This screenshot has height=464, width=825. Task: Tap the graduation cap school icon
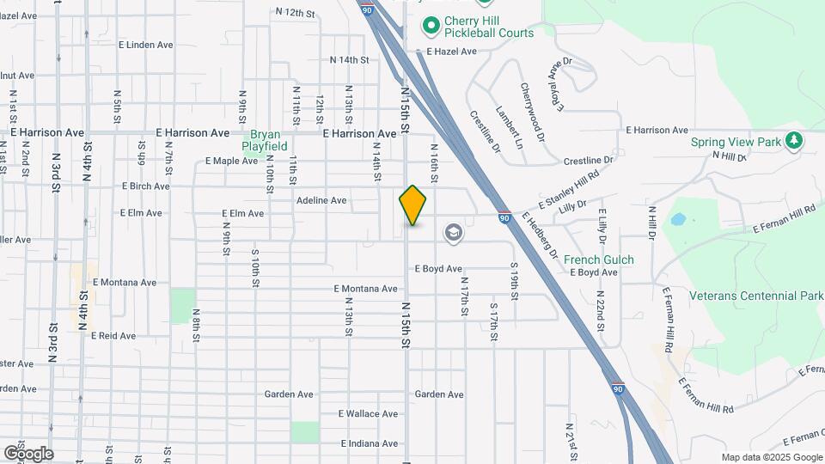click(x=453, y=233)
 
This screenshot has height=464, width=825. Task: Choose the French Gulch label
click(x=599, y=259)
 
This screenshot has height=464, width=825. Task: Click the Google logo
click(x=28, y=453)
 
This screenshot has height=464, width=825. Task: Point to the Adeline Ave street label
click(x=321, y=200)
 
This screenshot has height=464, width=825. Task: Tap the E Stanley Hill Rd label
click(x=568, y=192)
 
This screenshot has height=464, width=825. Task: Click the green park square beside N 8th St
click(x=182, y=306)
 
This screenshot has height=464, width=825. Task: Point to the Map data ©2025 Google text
click(x=772, y=457)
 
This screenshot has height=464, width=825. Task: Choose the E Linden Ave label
click(x=151, y=44)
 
